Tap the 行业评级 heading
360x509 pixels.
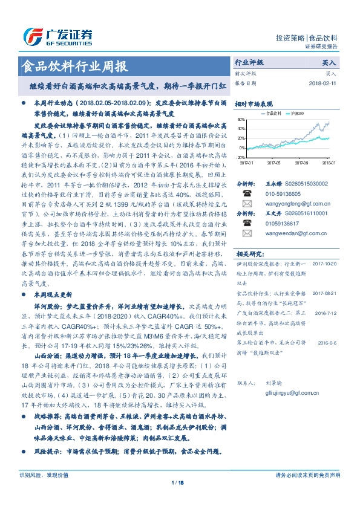click(x=249, y=62)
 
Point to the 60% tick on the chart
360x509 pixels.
click(x=242, y=120)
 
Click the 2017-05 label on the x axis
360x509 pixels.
click(x=274, y=163)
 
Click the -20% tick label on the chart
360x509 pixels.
click(x=241, y=157)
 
